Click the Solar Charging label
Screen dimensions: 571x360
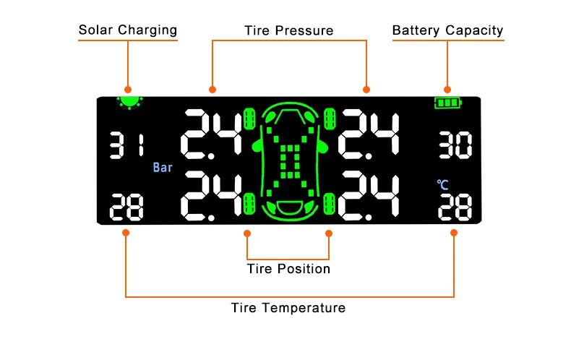coord(128,30)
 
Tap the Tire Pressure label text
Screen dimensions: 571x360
coord(289,30)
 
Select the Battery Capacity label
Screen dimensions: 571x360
coord(448,30)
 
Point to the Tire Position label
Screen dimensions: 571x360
coord(288,269)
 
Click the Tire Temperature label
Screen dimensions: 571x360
coord(288,308)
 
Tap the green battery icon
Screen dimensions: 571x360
coord(448,103)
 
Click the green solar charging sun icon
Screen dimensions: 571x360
coord(129,103)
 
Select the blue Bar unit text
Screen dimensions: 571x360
coord(163,168)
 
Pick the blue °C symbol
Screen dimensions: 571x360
coord(442,185)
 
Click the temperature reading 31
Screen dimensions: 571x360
coord(127,146)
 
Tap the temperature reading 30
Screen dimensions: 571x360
coord(455,145)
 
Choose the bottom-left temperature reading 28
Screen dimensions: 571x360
coord(126,207)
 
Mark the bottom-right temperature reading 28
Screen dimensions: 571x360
coord(455,207)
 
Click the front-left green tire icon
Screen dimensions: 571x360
coord(249,119)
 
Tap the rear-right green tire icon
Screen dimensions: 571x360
coord(330,204)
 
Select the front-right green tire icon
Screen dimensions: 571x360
coord(330,119)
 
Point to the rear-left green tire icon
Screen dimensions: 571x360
coord(249,204)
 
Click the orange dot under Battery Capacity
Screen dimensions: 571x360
coord(447,90)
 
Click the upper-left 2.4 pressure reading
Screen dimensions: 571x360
coord(212,134)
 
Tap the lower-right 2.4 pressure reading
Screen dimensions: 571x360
coord(369,196)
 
